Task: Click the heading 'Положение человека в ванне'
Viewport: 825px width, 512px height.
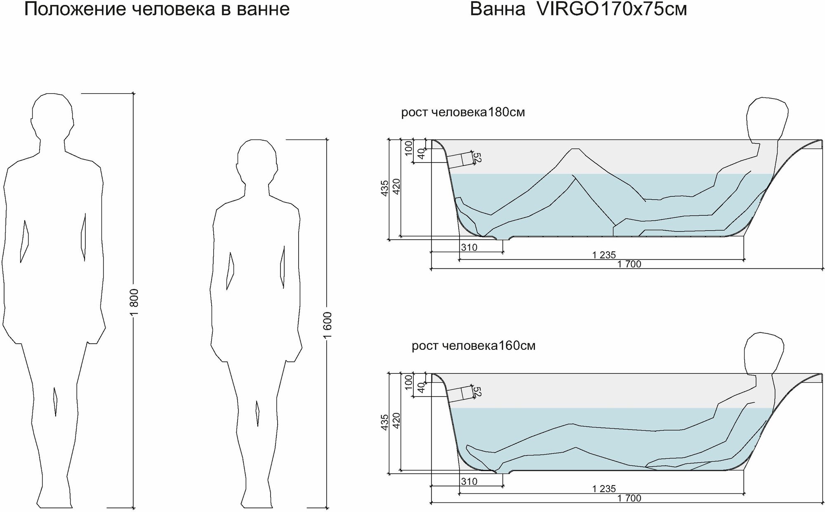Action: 157,9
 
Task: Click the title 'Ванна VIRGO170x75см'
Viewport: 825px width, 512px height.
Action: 578,9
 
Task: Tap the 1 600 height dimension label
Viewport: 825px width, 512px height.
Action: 327,325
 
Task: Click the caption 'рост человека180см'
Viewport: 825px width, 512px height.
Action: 463,112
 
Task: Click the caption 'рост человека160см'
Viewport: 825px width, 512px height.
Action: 473,346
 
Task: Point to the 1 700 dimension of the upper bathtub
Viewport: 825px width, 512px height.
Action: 629,264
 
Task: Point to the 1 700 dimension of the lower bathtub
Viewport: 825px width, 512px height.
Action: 629,498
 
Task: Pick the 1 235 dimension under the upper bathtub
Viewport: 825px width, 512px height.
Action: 604,255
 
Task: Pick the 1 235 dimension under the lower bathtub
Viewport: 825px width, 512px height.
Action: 604,489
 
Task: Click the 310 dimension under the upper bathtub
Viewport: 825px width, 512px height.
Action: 469,248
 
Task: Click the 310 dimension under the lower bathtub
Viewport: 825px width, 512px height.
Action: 469,481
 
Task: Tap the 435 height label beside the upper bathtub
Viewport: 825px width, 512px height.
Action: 384,188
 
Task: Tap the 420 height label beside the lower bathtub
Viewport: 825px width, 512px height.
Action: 396,421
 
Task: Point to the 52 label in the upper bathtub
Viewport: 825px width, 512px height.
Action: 478,158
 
